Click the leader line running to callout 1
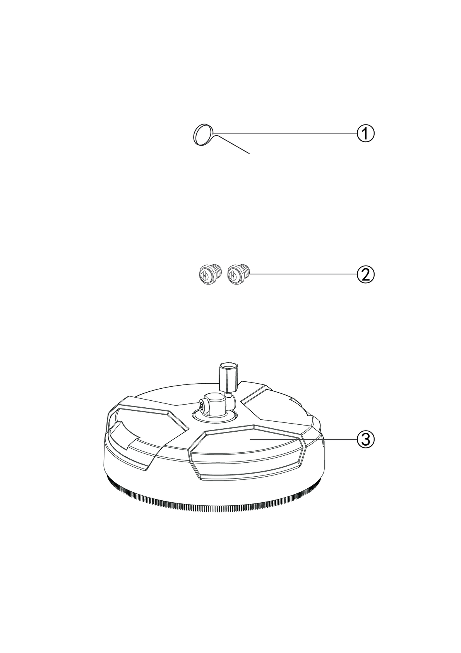pyautogui.click(x=285, y=134)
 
